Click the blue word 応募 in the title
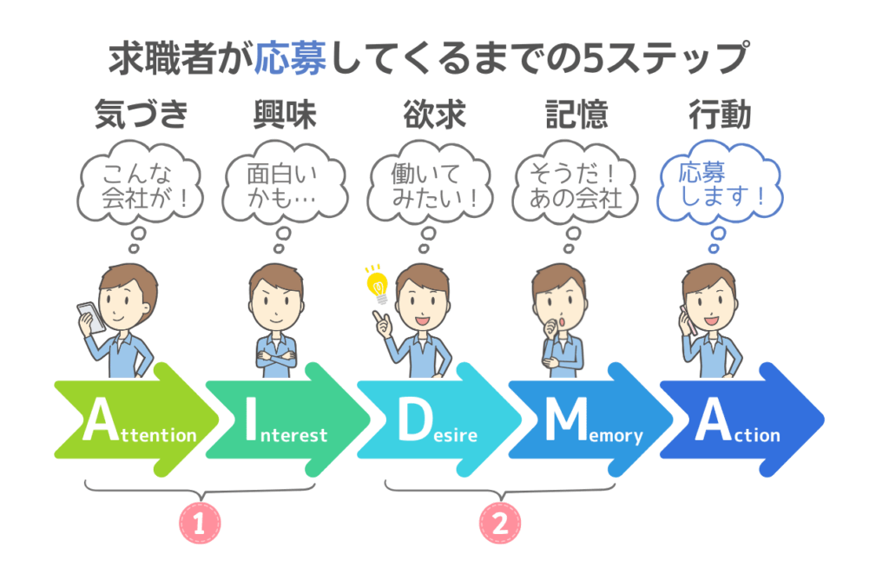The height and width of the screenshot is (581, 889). point(291,58)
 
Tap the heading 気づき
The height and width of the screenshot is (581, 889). point(141,114)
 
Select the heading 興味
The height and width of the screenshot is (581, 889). point(285,114)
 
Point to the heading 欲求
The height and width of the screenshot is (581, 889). point(434,114)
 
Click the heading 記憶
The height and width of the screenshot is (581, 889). point(577,114)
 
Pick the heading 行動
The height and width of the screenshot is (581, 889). point(720,114)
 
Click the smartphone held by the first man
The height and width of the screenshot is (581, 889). point(90,317)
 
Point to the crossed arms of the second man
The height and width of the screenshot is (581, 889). point(276,358)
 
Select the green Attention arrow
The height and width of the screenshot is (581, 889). point(136,419)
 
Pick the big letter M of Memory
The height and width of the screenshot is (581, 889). point(566,419)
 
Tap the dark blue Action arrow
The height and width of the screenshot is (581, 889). point(741,419)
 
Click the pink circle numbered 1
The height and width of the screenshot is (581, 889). point(200,523)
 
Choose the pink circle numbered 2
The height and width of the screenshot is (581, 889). point(500,523)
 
